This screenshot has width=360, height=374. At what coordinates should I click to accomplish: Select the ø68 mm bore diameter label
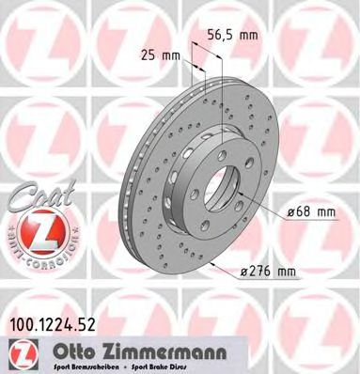310,212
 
